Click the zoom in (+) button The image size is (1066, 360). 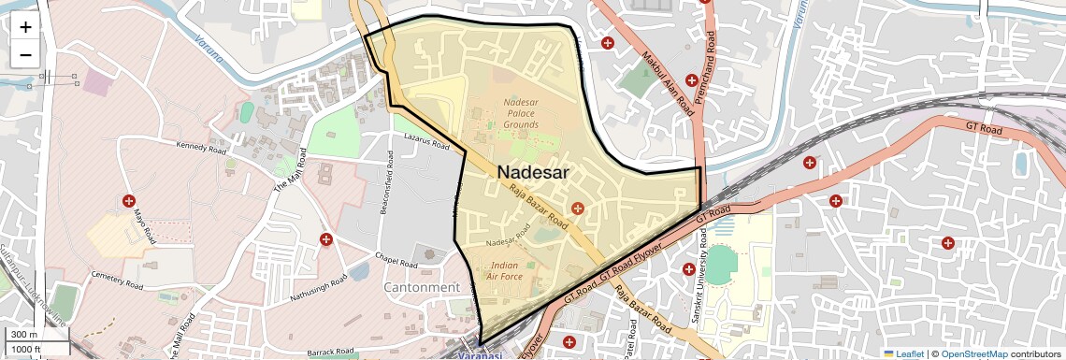click(25, 26)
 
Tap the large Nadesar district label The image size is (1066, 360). click(546, 172)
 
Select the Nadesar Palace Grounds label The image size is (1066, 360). click(521, 112)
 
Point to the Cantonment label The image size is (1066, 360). click(422, 287)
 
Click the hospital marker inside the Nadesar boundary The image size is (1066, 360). click(578, 208)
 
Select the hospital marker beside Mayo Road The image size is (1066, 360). click(128, 201)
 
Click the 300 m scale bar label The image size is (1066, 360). click(25, 335)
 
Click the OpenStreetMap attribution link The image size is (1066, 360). click(973, 353)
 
